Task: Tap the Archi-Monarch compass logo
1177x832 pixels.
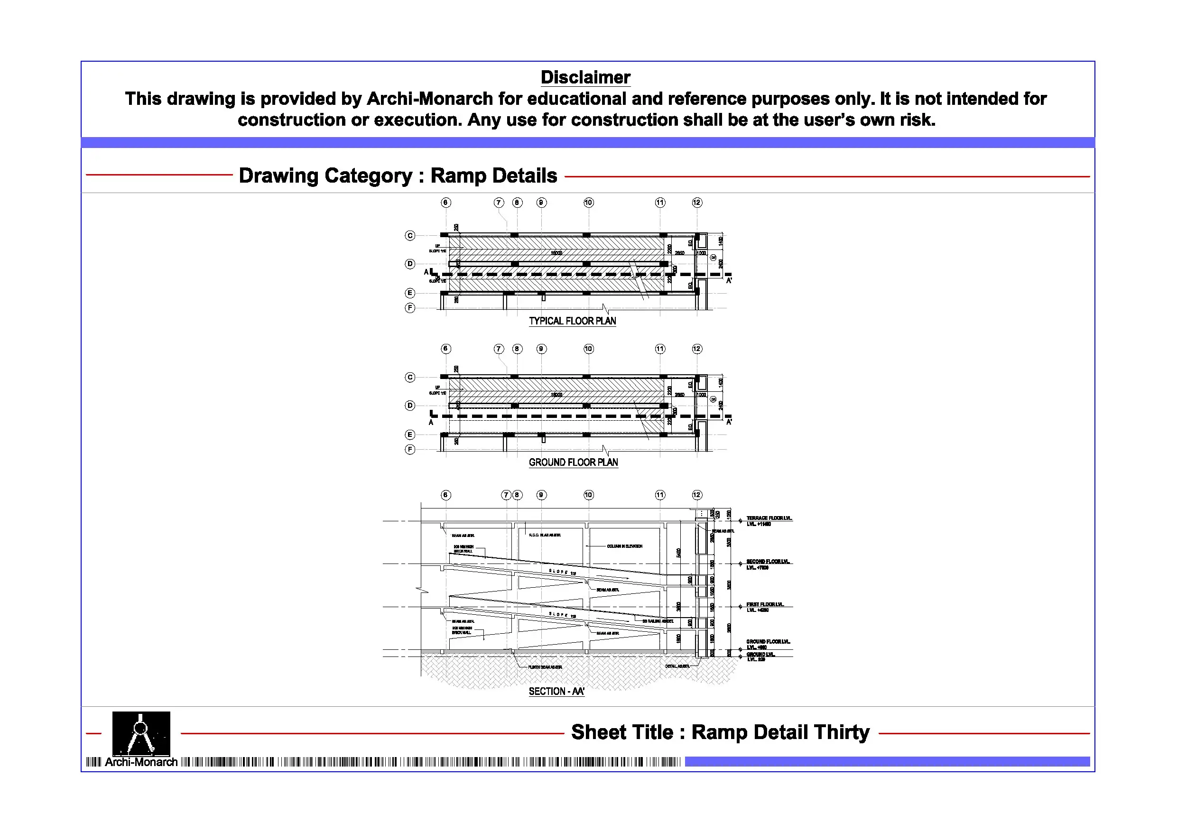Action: point(141,733)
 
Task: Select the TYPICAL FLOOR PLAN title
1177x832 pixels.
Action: point(572,321)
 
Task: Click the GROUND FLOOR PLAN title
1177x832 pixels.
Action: point(573,462)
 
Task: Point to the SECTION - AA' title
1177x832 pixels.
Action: point(556,691)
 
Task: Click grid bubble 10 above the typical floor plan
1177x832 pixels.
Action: point(588,203)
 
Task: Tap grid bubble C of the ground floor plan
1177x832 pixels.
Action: point(409,377)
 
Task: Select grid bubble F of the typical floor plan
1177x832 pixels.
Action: point(409,308)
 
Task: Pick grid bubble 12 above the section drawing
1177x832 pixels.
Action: point(696,495)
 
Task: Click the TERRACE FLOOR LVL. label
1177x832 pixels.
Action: point(769,518)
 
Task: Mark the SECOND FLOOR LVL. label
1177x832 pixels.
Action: point(768,562)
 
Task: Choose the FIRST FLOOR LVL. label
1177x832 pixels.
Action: point(764,604)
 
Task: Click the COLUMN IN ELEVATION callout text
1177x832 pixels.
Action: point(624,546)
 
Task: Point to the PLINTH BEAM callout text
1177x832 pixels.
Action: point(545,667)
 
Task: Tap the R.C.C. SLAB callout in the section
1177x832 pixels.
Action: point(545,535)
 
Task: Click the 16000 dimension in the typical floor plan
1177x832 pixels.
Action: point(556,253)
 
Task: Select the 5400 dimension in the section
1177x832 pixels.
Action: point(678,553)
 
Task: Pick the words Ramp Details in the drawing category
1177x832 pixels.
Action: point(493,176)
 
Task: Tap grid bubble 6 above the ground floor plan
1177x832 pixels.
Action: point(445,349)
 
